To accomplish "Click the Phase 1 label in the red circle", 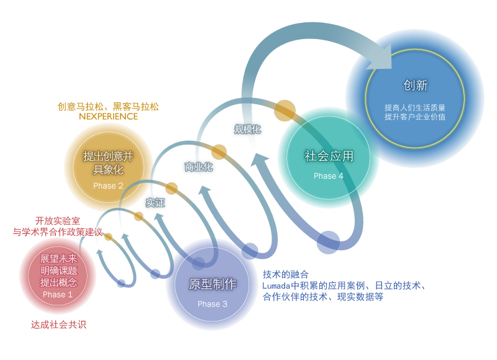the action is point(58,294).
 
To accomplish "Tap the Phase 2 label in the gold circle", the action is point(108,186).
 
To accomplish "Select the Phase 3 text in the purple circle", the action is point(212,304).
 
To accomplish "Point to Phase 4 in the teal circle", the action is point(329,176).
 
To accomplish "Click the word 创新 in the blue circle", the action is point(416,85).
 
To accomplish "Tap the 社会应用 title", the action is point(329,156).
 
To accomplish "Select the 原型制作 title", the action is point(212,284).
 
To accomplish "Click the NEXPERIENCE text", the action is point(108,117).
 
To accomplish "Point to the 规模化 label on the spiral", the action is point(247,129).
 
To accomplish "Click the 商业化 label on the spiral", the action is point(199,167).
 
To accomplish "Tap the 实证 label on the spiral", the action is point(155,202).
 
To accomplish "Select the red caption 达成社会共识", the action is point(58,325).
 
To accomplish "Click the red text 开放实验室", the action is point(58,221).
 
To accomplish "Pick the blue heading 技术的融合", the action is point(285,274).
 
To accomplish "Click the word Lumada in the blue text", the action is point(276,286).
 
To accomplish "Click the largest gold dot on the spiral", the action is point(285,110).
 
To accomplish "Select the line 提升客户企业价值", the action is point(415,117).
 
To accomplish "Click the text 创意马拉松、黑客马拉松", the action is point(108,107).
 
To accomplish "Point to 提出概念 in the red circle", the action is point(58,282).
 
